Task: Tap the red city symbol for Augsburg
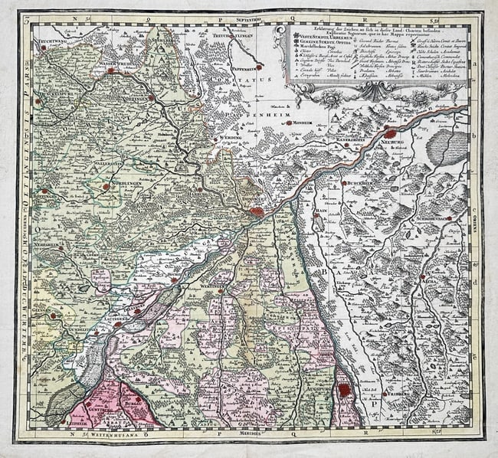point(345,390)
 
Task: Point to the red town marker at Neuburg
point(390,134)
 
